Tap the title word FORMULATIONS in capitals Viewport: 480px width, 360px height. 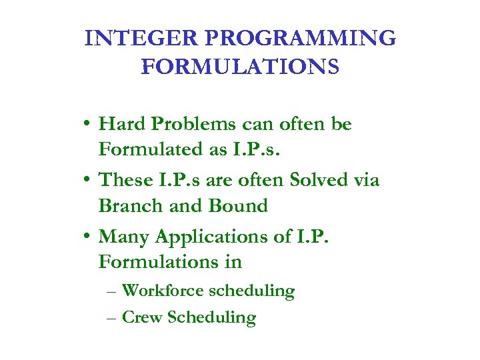pyautogui.click(x=240, y=67)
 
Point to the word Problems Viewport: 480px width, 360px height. pyautogui.click(x=194, y=125)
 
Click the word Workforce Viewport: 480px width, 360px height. pyautogui.click(x=164, y=291)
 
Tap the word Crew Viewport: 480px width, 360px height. pyautogui.click(x=143, y=317)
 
